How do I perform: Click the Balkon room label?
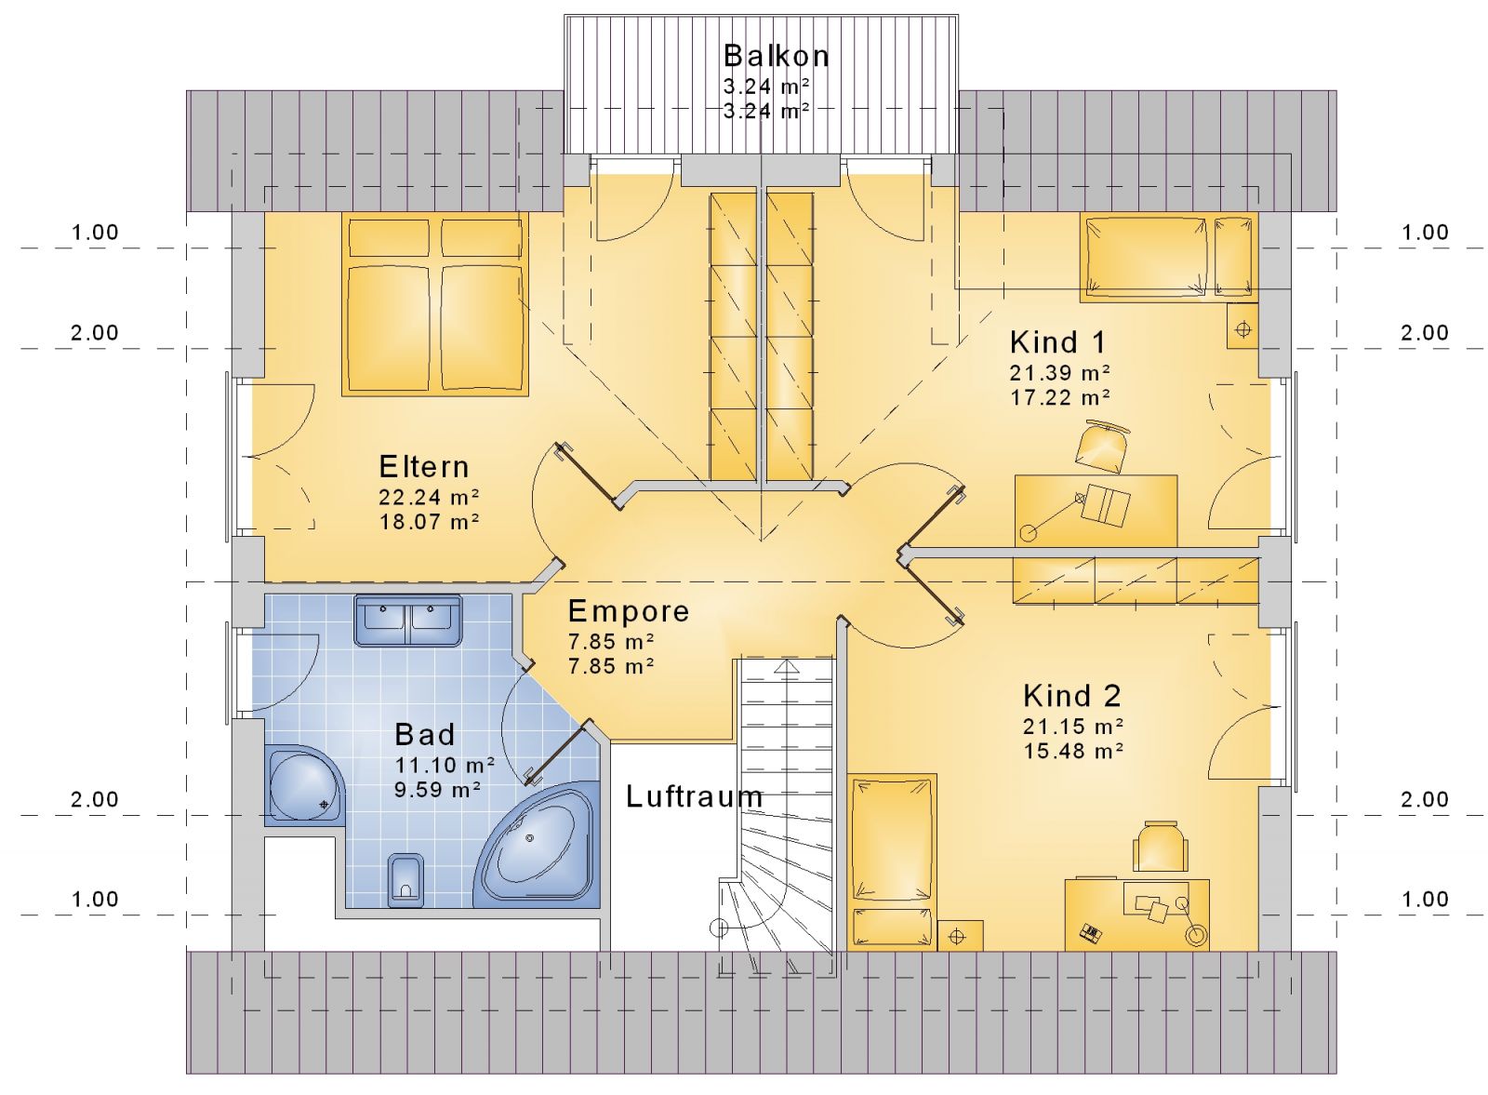(776, 56)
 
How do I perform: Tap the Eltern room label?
(424, 467)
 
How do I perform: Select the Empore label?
(629, 611)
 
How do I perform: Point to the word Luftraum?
(694, 796)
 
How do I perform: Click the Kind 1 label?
(1057, 342)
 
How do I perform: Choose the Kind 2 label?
(1072, 696)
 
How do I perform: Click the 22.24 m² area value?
(429, 497)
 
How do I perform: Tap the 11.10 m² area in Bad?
(445, 765)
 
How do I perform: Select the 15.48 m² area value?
(1073, 752)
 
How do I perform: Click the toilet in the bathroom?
(405, 880)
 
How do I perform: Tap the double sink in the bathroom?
(408, 620)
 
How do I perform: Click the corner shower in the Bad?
(305, 785)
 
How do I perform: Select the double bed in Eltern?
(435, 304)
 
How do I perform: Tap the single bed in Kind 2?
(892, 861)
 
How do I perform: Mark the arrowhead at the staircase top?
(787, 667)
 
